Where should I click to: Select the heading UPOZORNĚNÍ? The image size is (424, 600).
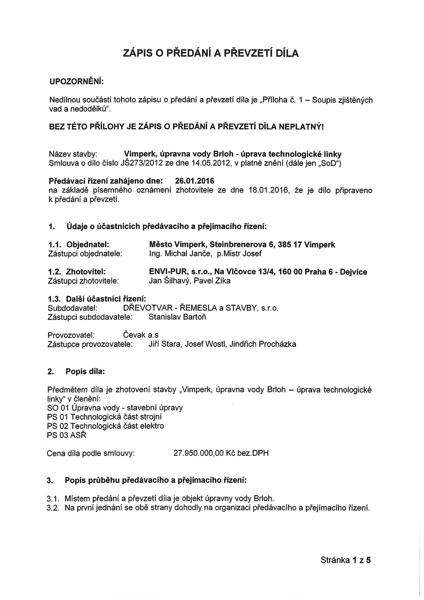coord(77,82)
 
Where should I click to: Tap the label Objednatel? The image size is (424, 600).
coord(88,245)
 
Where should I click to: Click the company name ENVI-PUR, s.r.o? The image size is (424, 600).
coord(179,272)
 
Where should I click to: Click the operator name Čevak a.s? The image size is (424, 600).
coord(141,335)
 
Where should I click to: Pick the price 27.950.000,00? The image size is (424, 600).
coord(199,453)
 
